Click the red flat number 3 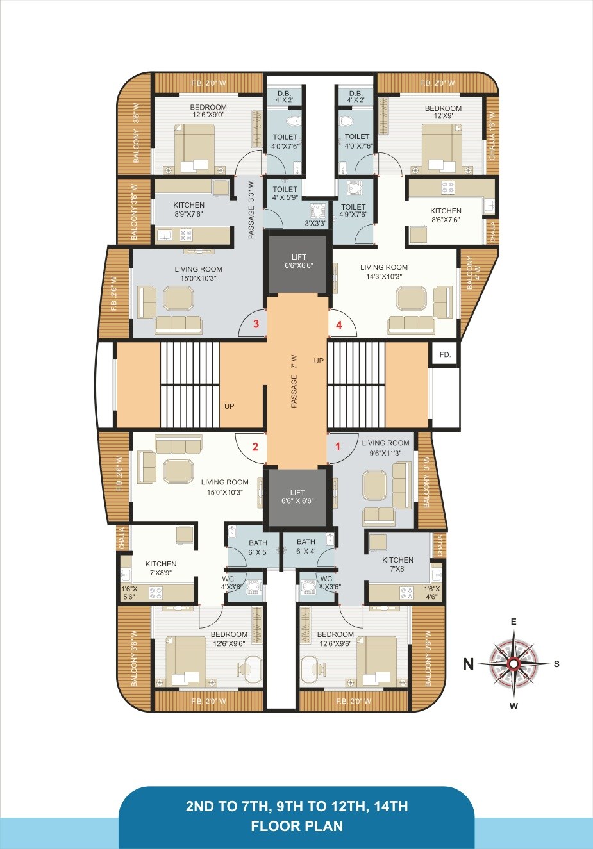click(256, 324)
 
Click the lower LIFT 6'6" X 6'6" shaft click(297, 497)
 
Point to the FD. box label click(445, 354)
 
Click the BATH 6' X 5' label click(258, 547)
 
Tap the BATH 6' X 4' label click(306, 547)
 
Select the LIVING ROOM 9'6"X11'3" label click(385, 447)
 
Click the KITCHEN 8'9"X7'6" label click(188, 210)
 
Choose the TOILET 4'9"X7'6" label click(353, 211)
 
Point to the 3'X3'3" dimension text click(315, 224)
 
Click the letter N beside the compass click(469, 664)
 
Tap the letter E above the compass click(514, 622)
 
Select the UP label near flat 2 click(229, 406)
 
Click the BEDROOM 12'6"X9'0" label click(208, 111)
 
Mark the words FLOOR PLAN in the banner click(297, 826)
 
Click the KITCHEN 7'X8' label click(397, 564)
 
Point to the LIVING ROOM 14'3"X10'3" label click(383, 272)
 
